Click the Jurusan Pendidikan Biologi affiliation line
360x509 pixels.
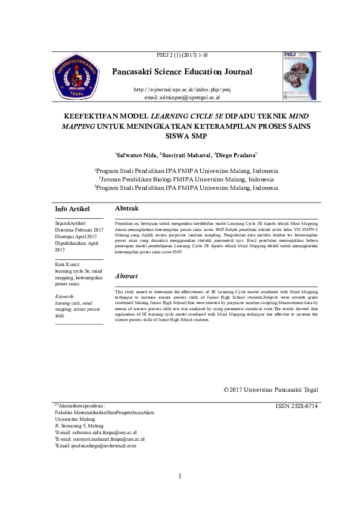tap(185, 180)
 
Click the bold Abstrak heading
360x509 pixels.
tap(126, 208)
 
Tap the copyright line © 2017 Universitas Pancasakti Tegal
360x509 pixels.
tap(270, 390)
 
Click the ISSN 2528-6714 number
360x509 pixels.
tap(296, 406)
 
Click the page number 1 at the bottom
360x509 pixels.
tap(180, 478)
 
